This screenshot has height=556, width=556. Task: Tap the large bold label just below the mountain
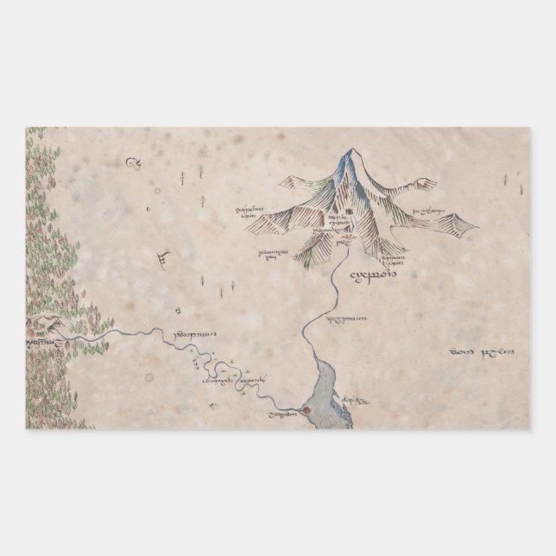click(x=372, y=276)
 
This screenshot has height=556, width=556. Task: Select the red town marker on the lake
click(x=306, y=409)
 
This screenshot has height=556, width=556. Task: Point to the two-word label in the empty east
click(x=483, y=351)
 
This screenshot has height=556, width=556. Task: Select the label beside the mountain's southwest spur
click(x=272, y=253)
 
